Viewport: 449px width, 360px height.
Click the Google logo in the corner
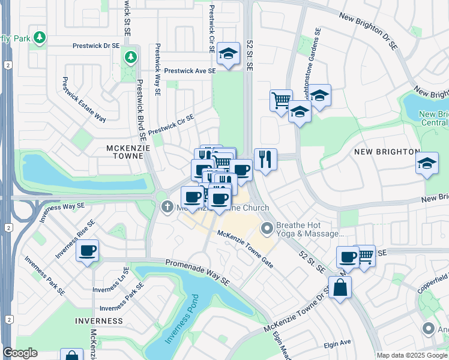coord(20,353)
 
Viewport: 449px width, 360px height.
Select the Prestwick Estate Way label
coord(84,100)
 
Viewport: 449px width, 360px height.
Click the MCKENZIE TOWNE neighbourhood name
coord(125,152)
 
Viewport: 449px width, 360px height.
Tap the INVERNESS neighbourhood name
coord(99,321)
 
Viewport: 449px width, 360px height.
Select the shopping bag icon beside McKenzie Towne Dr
coord(340,287)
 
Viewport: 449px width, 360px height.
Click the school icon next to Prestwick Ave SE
coord(228,53)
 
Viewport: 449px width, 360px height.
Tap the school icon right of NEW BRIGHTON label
coord(427,163)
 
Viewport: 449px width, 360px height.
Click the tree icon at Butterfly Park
coord(40,38)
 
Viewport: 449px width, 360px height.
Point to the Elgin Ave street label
coord(337,344)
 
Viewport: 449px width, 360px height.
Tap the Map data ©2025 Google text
coord(412,355)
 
